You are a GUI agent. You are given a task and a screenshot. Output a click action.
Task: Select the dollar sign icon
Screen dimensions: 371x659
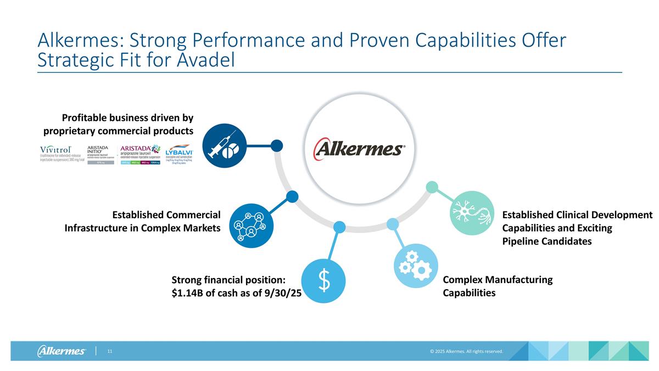tap(325, 280)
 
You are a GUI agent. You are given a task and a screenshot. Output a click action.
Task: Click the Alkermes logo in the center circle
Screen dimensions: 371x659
tap(359, 148)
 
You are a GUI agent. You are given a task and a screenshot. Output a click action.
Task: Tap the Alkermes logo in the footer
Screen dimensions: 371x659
tap(62, 351)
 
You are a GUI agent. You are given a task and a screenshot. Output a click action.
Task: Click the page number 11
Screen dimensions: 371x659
tap(110, 351)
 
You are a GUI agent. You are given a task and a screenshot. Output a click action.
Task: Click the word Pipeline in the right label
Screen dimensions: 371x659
tap(522, 241)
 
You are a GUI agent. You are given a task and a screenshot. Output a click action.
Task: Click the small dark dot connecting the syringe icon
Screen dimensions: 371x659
tap(277, 145)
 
